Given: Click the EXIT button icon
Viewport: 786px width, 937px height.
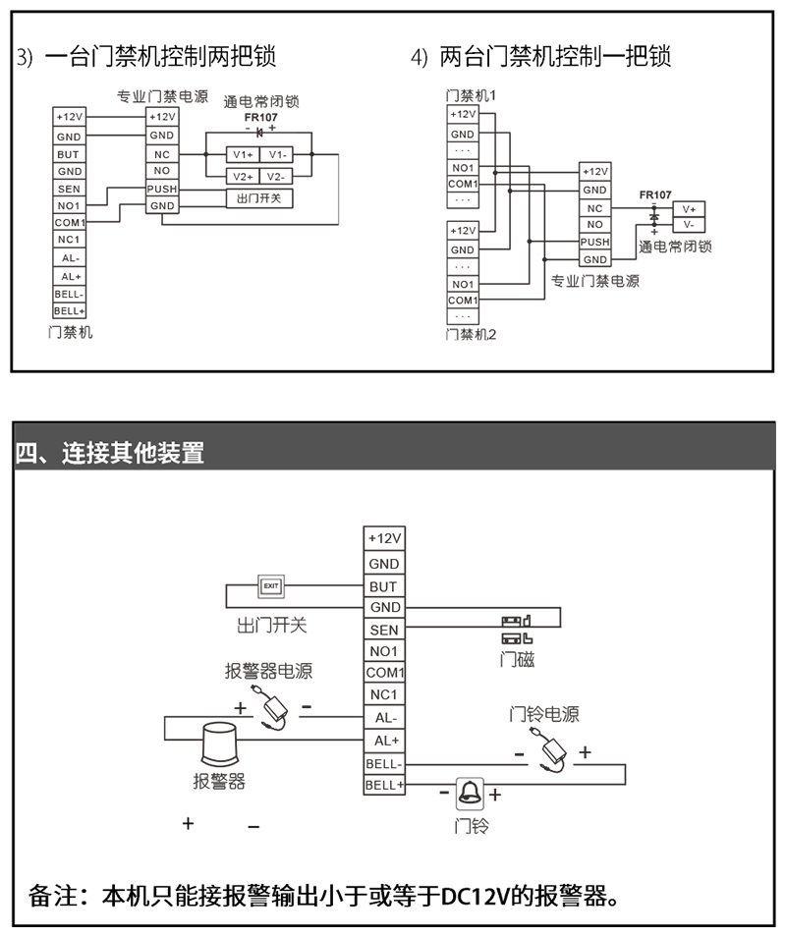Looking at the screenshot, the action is pos(271,586).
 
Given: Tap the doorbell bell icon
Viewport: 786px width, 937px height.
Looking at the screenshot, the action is pos(470,793).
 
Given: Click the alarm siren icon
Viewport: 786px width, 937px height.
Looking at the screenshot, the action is pos(220,744).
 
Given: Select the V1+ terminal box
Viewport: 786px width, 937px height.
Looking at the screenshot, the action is pos(243,155).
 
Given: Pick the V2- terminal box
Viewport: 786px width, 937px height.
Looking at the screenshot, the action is pos(276,176).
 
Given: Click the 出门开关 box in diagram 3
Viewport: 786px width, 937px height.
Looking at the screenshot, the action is pos(259,197).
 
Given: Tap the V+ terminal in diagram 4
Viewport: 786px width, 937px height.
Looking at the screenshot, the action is pos(689,209).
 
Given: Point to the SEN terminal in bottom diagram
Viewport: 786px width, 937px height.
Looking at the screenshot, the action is pos(384,630).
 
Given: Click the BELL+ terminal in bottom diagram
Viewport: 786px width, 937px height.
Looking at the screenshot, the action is pos(384,785).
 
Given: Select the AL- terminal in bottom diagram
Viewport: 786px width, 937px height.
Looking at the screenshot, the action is pos(384,718).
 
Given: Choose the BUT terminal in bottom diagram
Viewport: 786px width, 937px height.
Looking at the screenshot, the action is pos(384,586).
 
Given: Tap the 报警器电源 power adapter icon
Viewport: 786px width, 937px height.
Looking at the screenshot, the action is pos(273,708).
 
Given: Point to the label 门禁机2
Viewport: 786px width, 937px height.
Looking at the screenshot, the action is pos(471,334).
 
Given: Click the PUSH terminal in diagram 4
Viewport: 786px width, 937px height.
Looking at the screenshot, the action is pos(594,242).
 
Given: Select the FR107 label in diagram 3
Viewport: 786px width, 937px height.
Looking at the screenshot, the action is pos(260,117).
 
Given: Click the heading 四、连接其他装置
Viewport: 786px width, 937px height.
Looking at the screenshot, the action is pos(109,453).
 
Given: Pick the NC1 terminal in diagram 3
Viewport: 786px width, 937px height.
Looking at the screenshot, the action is pos(69,240).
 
